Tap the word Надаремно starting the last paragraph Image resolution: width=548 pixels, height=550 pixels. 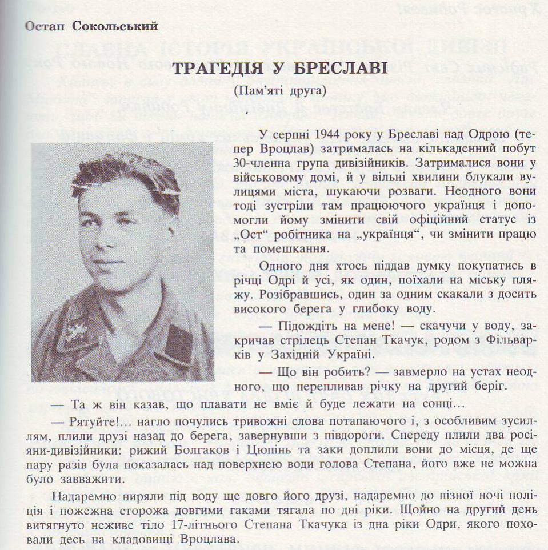point(79,494)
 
